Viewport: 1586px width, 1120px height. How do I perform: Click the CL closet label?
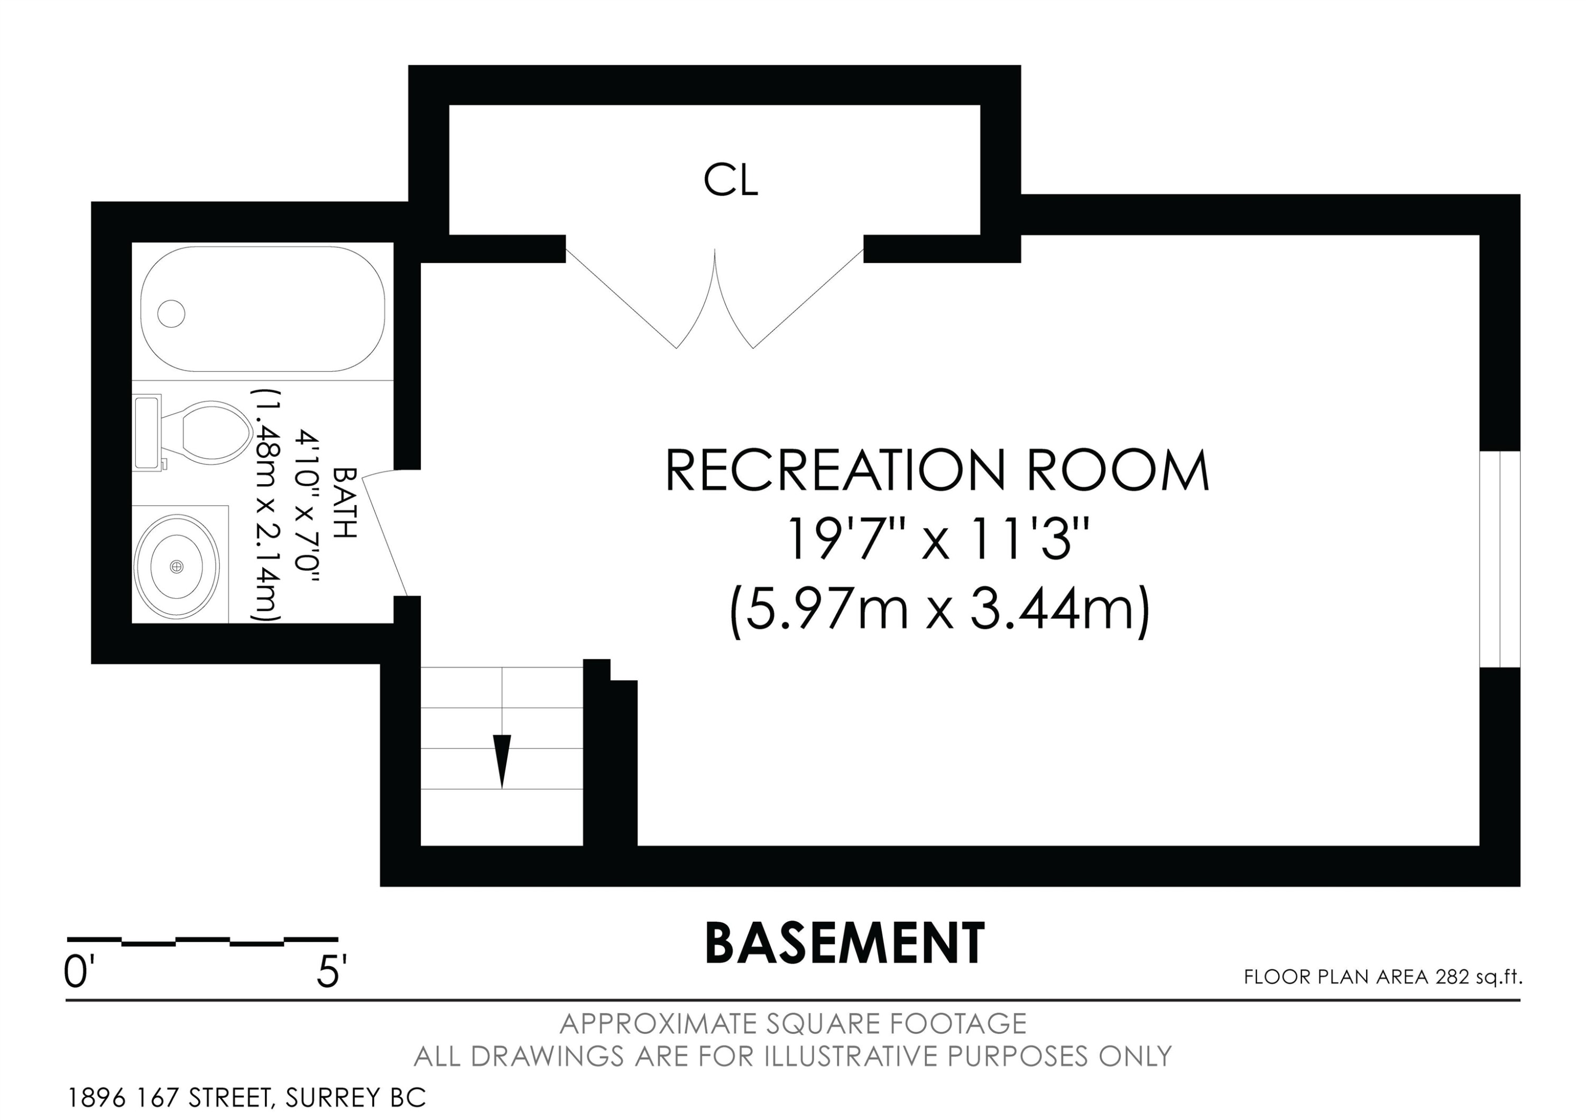(x=731, y=180)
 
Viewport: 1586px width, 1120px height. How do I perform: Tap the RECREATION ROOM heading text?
(x=937, y=470)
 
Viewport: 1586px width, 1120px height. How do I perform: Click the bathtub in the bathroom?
(x=263, y=309)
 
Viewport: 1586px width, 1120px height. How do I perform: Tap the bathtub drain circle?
(x=171, y=313)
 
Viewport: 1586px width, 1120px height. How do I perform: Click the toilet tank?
(x=147, y=432)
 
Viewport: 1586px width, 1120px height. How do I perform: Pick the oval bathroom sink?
(x=177, y=566)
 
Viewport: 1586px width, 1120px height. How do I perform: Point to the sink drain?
(x=177, y=566)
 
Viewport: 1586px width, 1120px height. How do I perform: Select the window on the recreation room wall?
(x=1500, y=559)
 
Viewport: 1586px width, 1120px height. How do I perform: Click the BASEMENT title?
(x=844, y=944)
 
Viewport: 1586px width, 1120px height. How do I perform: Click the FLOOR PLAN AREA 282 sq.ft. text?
(x=1383, y=977)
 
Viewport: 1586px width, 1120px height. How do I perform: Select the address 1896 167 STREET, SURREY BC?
(x=246, y=1097)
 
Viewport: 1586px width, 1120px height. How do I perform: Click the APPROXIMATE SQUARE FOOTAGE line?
(x=793, y=1023)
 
